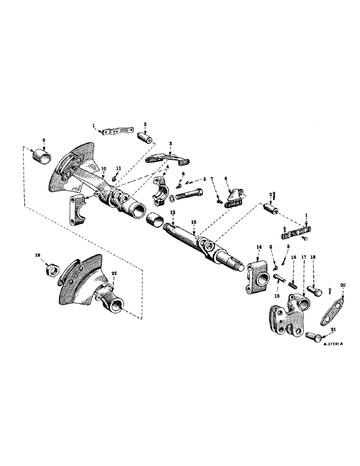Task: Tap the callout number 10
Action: (103, 168)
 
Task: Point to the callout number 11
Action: (118, 168)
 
